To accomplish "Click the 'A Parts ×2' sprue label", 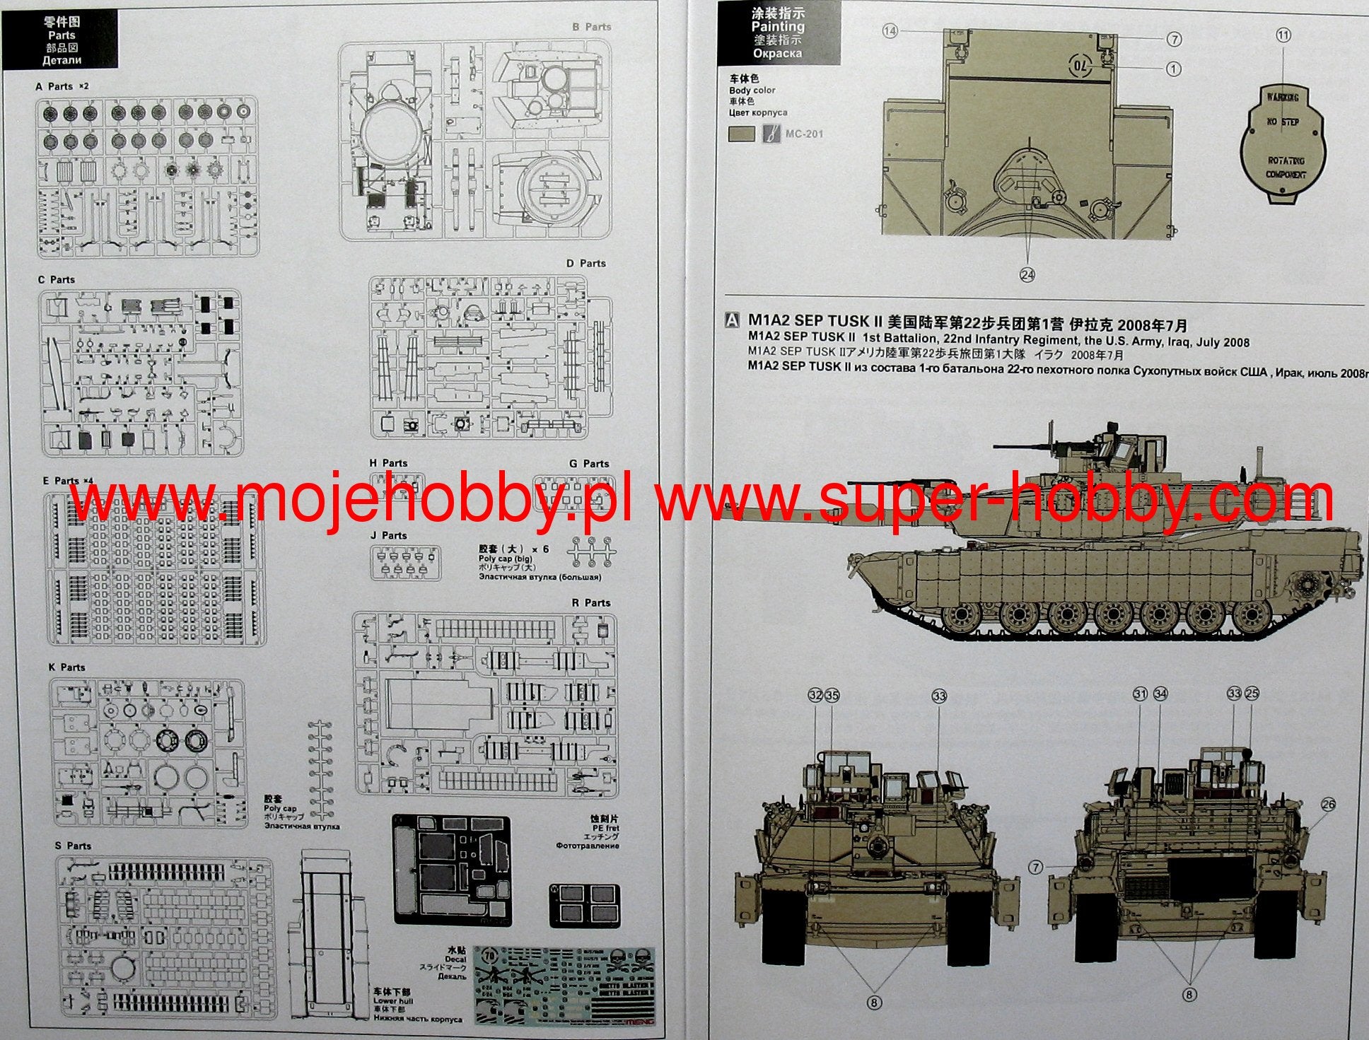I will (x=62, y=86).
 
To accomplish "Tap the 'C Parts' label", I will (x=57, y=280).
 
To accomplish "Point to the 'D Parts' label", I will (x=586, y=264).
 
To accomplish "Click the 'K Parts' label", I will (x=66, y=667).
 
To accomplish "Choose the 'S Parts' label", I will (x=73, y=846).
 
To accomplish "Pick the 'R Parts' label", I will (x=590, y=603).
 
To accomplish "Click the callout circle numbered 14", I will (x=890, y=30).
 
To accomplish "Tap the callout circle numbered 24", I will (x=1027, y=275).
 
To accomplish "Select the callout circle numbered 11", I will (x=1283, y=35).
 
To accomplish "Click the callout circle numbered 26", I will (x=1328, y=805).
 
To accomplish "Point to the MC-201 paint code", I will (x=804, y=134).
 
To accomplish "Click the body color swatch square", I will (x=741, y=134).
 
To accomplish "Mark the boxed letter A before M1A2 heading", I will (x=733, y=321).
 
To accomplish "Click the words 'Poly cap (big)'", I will (x=505, y=559).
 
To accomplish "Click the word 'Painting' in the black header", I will (x=777, y=27).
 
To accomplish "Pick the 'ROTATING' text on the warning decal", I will (x=1286, y=161).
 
